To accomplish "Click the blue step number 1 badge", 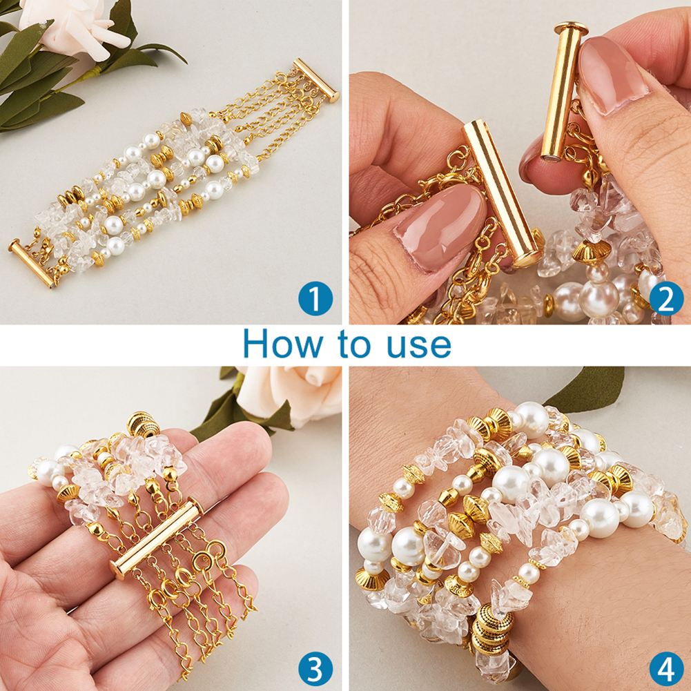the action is pyautogui.click(x=315, y=298).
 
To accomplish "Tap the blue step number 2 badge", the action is pyautogui.click(x=666, y=298).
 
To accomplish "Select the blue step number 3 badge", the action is pyautogui.click(x=315, y=669).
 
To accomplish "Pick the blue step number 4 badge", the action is pyautogui.click(x=666, y=669).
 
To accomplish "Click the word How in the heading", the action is pyautogui.click(x=282, y=344).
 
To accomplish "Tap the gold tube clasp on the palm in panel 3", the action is pyautogui.click(x=157, y=538).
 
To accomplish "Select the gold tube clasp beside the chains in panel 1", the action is pyautogui.click(x=316, y=81).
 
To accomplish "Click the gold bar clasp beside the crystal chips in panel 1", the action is pyautogui.click(x=32, y=263).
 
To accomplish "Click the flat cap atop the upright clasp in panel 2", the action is pyautogui.click(x=571, y=28).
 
